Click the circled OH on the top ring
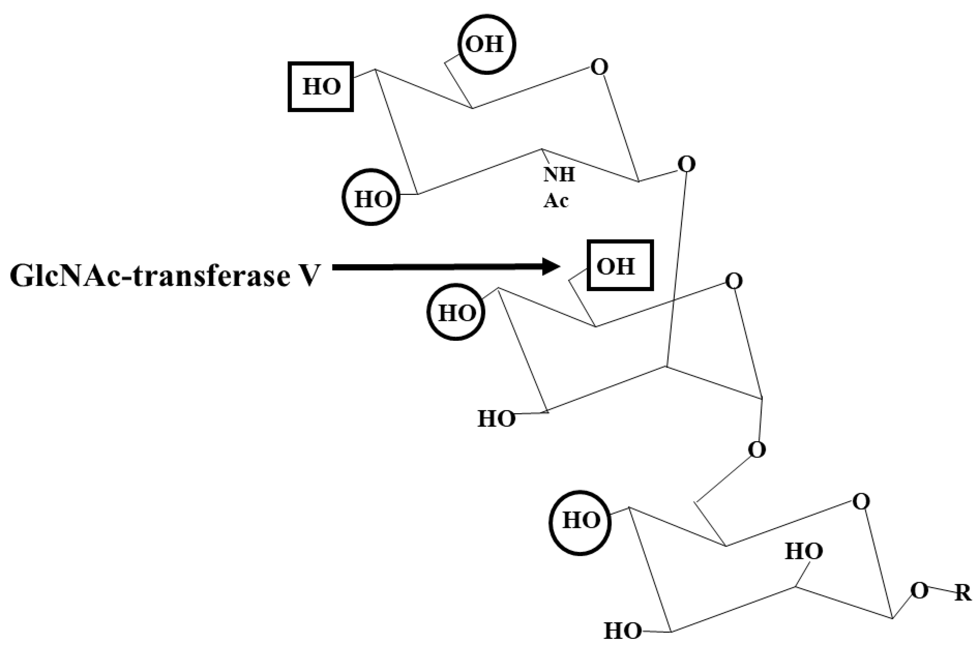click(x=486, y=44)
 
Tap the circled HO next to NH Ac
click(x=372, y=198)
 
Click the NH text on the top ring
click(x=559, y=174)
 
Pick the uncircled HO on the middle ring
click(x=496, y=419)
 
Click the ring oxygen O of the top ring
click(x=599, y=67)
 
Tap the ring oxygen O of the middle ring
click(x=734, y=282)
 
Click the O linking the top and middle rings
click(x=686, y=165)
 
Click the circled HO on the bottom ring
click(x=580, y=520)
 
